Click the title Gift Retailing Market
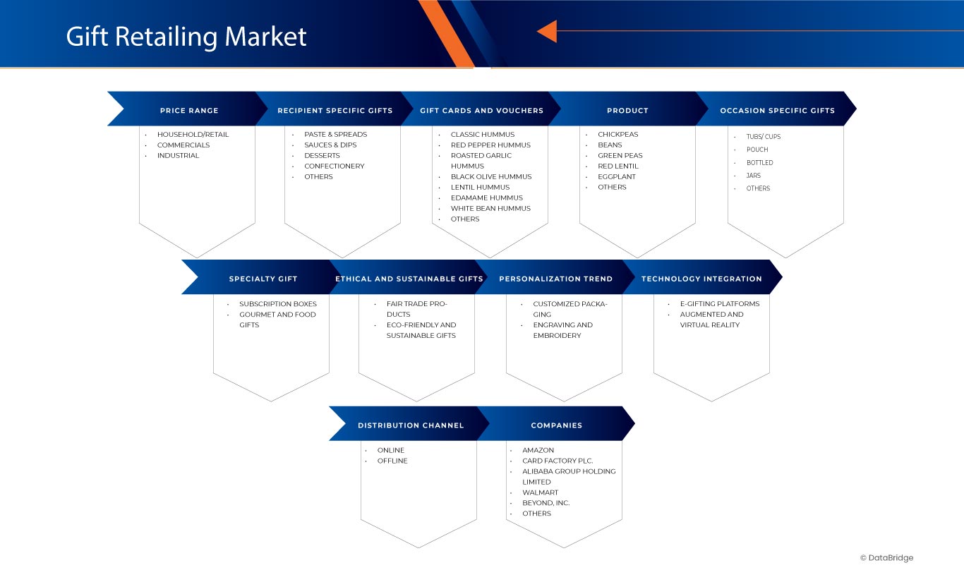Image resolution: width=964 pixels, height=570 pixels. [x=186, y=37]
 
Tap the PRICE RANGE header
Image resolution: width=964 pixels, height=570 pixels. [x=189, y=111]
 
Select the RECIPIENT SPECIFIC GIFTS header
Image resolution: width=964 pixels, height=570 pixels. [x=335, y=111]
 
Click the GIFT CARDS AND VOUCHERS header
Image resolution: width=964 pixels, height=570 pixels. [x=481, y=111]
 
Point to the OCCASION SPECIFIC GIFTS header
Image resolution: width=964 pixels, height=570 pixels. [x=777, y=111]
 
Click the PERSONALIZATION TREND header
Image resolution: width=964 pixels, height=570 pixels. [x=555, y=279]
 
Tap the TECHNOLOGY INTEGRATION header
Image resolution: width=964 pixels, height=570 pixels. [x=701, y=279]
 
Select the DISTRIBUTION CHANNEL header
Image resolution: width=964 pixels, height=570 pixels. [x=411, y=426]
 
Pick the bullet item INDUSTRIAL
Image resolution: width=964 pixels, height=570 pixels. [x=178, y=156]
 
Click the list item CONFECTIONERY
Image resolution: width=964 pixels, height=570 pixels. [x=335, y=166]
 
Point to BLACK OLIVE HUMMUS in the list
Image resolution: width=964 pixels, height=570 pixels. [x=491, y=177]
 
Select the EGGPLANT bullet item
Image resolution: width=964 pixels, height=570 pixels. [x=617, y=177]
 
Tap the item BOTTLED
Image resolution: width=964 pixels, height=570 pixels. [x=759, y=163]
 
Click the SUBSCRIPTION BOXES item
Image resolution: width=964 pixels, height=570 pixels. [x=278, y=304]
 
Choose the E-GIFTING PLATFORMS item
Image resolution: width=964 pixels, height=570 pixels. [x=720, y=304]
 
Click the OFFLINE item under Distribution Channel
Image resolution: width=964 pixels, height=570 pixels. [x=392, y=461]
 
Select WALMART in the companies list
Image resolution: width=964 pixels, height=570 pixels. [x=540, y=493]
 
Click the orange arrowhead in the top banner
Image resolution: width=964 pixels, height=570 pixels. [x=547, y=31]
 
